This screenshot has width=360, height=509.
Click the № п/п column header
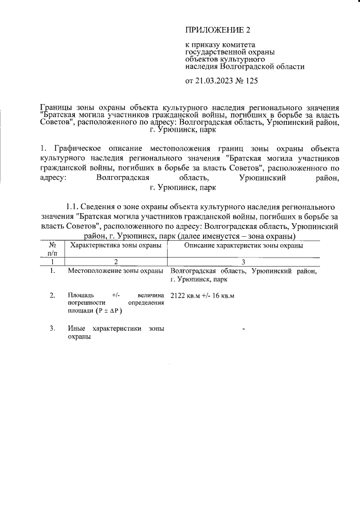click(52, 249)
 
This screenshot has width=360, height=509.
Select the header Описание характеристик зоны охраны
click(244, 246)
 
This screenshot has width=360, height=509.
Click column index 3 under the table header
click(244, 262)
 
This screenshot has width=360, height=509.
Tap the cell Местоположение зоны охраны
click(115, 272)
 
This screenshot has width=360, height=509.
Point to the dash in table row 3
click(244, 328)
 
